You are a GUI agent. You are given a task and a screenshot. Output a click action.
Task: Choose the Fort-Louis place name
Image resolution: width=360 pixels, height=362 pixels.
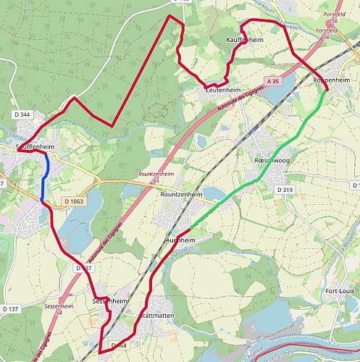pyautogui.click(x=340, y=291)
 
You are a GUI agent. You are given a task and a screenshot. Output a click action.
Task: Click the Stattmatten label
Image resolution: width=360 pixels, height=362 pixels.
pyautogui.click(x=154, y=316)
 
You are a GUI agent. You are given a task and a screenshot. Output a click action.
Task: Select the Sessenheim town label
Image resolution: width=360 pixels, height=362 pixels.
pyautogui.click(x=111, y=300)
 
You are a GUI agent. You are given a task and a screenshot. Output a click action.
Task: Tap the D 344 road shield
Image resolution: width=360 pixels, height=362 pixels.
pyautogui.click(x=22, y=114)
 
